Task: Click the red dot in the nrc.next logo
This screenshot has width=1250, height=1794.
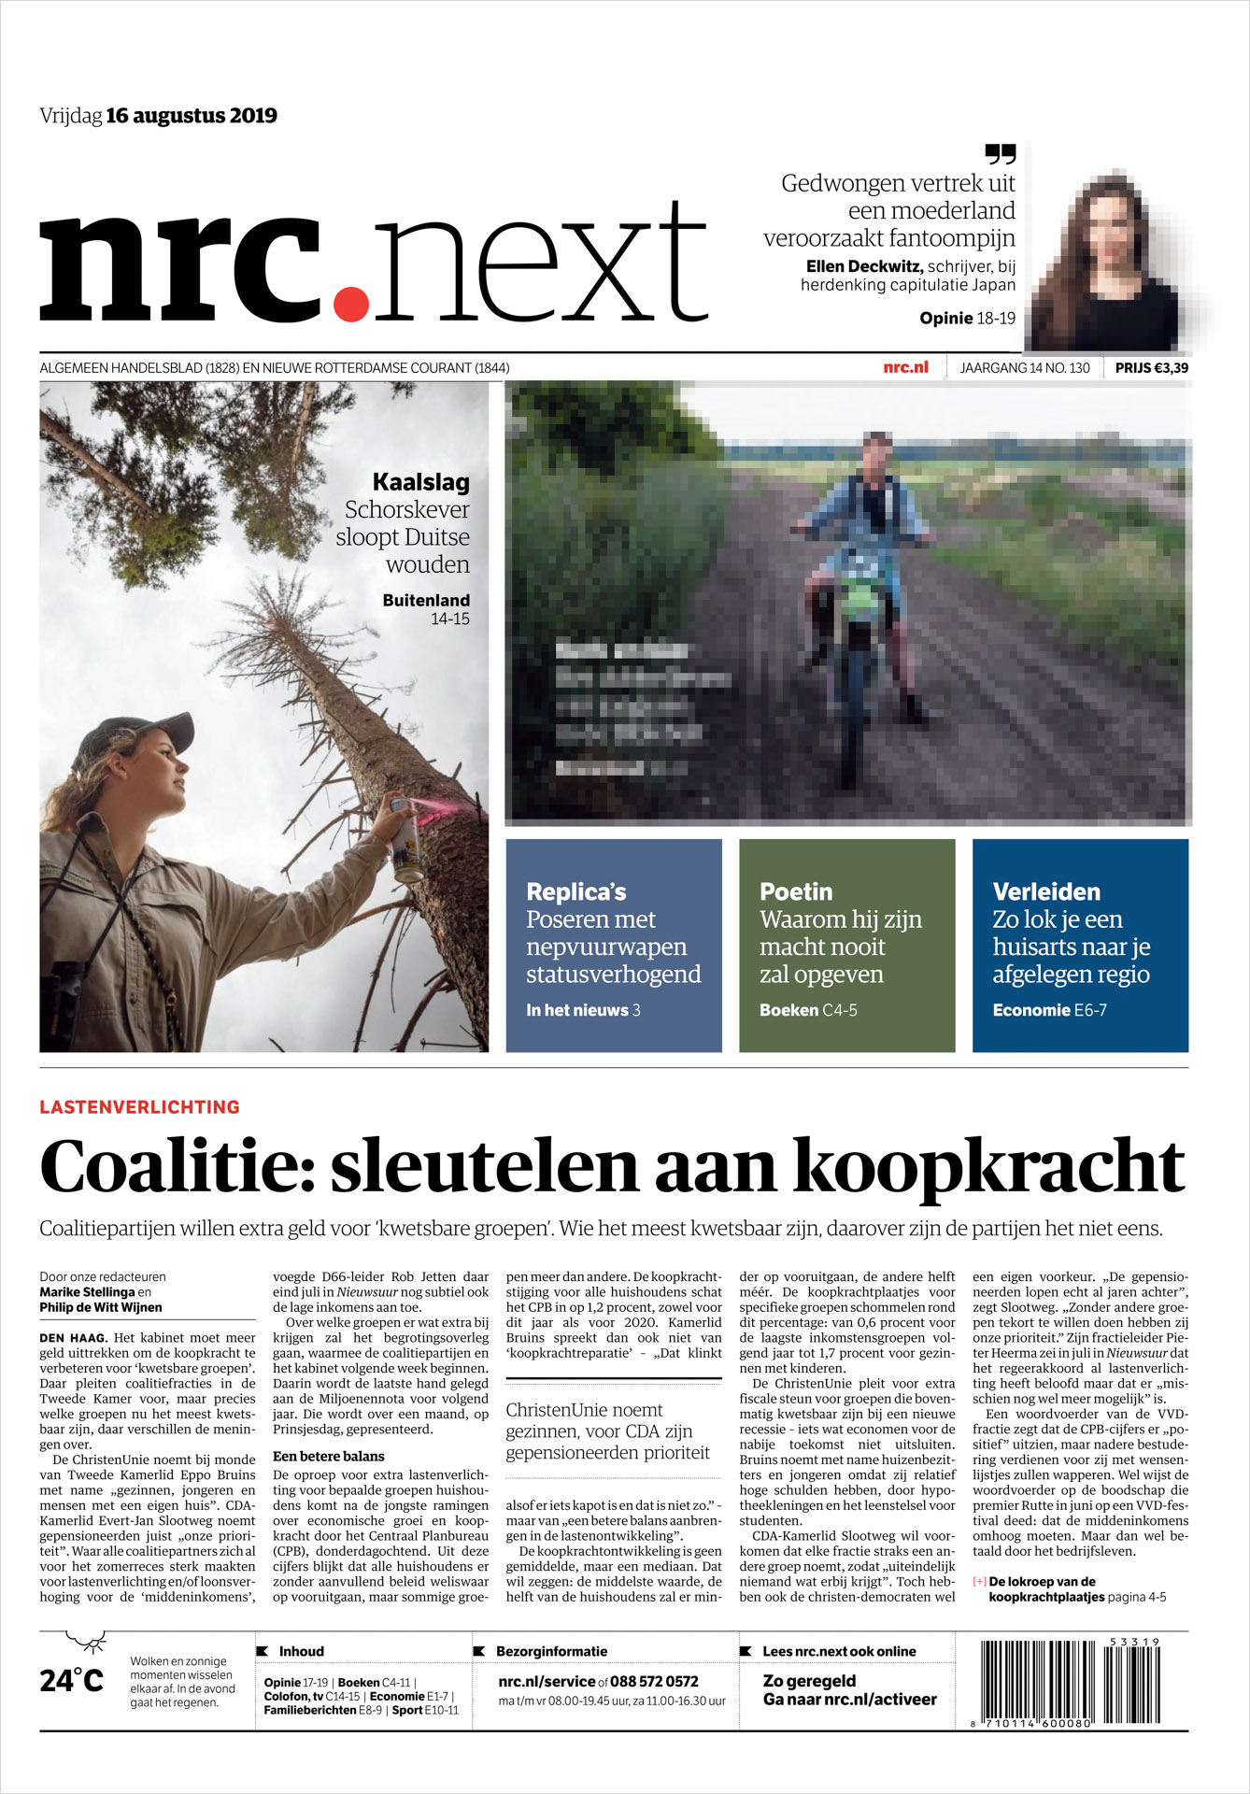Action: pyautogui.click(x=351, y=303)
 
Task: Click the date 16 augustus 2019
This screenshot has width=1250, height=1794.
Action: pyautogui.click(x=192, y=116)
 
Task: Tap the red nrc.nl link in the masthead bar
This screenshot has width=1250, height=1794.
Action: pyautogui.click(x=905, y=367)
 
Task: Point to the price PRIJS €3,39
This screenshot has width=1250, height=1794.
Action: pyautogui.click(x=1151, y=368)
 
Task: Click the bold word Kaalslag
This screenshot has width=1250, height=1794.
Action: pyautogui.click(x=420, y=482)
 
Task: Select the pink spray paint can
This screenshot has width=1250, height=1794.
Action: pyautogui.click(x=405, y=839)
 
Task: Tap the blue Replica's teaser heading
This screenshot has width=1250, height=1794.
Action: pyautogui.click(x=575, y=891)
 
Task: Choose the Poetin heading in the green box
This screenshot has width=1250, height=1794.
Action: pyautogui.click(x=795, y=891)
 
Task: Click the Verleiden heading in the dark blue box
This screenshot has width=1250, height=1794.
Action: pyautogui.click(x=1045, y=891)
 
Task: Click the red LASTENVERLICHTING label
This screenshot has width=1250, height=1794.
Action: pyautogui.click(x=139, y=1107)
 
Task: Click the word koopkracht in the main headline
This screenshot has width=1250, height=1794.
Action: pyautogui.click(x=988, y=1166)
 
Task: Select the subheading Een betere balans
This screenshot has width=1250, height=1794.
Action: pyautogui.click(x=328, y=1456)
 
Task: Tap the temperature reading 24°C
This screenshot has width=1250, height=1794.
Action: pyautogui.click(x=71, y=1681)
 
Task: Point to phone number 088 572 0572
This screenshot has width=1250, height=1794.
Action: pyautogui.click(x=654, y=1681)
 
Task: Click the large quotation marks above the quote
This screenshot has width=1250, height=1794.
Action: pyautogui.click(x=1000, y=154)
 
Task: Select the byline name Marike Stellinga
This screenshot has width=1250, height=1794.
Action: pyautogui.click(x=87, y=1292)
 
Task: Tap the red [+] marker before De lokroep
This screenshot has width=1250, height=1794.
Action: pyautogui.click(x=979, y=1582)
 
